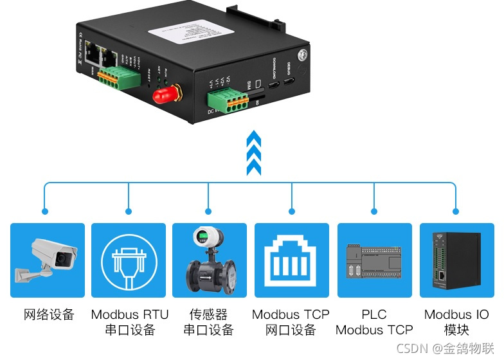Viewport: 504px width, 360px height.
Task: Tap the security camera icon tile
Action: (48, 260)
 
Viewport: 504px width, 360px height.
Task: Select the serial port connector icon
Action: (129, 260)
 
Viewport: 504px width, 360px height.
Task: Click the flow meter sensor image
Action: (210, 260)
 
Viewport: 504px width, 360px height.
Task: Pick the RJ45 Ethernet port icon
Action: (291, 260)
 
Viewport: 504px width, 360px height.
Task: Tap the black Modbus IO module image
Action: (456, 260)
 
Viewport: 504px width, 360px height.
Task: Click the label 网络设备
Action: (49, 315)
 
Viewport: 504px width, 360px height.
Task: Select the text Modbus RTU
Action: (130, 315)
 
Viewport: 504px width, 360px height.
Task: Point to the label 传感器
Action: (208, 315)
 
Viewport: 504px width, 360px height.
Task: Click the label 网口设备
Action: (291, 330)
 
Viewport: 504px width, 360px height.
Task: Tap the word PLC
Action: (374, 315)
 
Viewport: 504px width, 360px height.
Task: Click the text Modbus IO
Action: (456, 315)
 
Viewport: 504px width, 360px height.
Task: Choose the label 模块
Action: (456, 330)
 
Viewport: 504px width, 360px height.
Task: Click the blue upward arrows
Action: (254, 153)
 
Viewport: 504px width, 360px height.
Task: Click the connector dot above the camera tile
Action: (44, 211)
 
